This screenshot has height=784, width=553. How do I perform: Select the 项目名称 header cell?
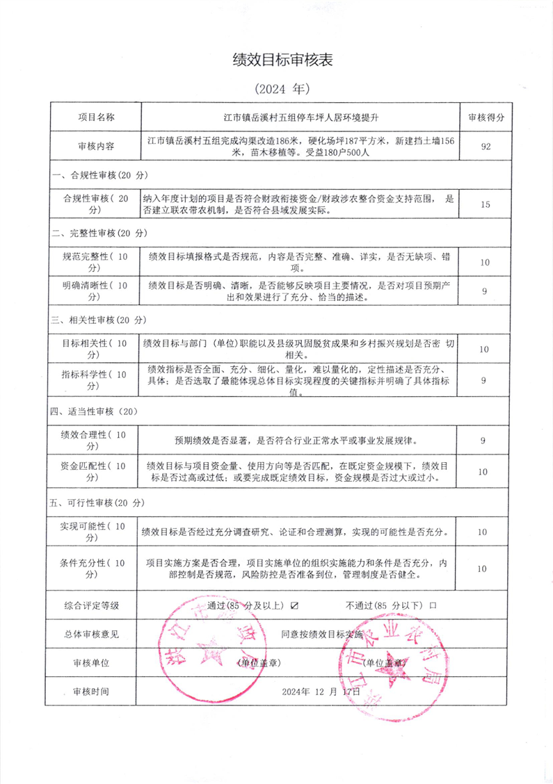pyautogui.click(x=96, y=116)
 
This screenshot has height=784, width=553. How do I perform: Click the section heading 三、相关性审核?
pyautogui.click(x=98, y=320)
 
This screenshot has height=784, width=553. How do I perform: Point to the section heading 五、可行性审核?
pyautogui.click(x=98, y=502)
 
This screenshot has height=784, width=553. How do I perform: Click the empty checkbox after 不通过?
pyautogui.click(x=433, y=605)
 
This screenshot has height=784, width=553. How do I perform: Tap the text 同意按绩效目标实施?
pyautogui.click(x=322, y=634)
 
